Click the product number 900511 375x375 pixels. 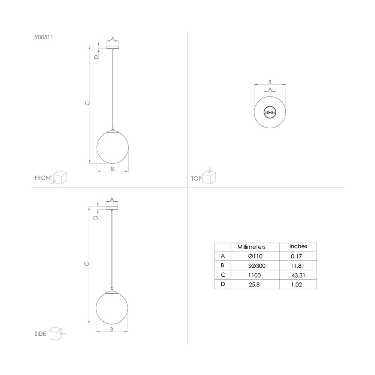point(44,37)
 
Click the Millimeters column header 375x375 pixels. point(251,247)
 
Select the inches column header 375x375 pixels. point(298,246)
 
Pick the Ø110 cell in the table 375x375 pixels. point(255,256)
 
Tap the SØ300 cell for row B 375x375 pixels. point(256,266)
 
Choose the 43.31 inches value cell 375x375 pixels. point(298,275)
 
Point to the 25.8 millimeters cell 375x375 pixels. point(254,285)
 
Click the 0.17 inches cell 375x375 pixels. point(296,256)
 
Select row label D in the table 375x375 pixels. point(223,284)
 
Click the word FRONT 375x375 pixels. point(43,178)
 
